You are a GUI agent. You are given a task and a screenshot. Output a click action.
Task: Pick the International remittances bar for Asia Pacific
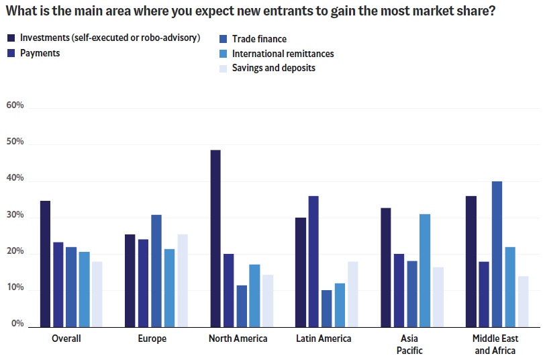click(x=425, y=269)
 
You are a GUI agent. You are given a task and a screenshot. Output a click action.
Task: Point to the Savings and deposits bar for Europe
click(x=183, y=279)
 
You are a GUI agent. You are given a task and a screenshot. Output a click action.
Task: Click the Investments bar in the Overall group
click(x=45, y=263)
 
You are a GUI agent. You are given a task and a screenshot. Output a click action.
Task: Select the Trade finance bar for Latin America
click(x=327, y=307)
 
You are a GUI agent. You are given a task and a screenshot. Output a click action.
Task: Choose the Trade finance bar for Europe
click(x=156, y=269)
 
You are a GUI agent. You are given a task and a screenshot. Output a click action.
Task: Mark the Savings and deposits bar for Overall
click(x=97, y=293)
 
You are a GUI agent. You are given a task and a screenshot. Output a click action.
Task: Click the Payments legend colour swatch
click(x=11, y=53)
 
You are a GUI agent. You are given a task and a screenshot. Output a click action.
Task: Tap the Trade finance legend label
click(x=259, y=39)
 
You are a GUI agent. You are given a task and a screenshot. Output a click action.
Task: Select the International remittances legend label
click(x=283, y=53)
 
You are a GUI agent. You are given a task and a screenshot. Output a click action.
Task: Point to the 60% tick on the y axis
click(x=15, y=105)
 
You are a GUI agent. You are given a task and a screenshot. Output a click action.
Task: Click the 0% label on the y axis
click(x=17, y=324)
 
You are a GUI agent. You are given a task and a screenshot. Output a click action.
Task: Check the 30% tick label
click(x=15, y=216)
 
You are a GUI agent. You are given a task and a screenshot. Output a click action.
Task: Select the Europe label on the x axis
click(x=152, y=339)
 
